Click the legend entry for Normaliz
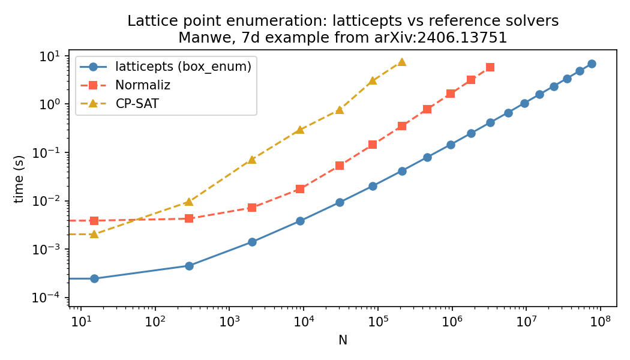coord(143,86)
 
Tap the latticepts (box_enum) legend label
coord(183,67)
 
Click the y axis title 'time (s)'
coord(20,179)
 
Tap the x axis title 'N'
coord(343,340)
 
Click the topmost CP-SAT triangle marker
coord(401,62)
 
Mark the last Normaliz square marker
coord(490,67)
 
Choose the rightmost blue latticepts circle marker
coord(592,64)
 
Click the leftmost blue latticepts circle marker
coord(94,278)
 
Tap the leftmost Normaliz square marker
coord(94,221)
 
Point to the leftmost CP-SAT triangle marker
coord(94,234)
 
